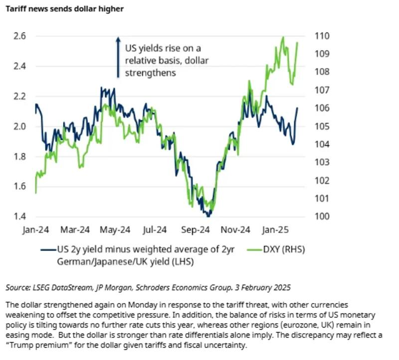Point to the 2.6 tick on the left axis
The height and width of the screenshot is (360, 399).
tap(19, 36)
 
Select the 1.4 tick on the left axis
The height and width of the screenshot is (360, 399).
tap(19, 217)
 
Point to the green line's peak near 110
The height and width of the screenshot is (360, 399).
tap(283, 37)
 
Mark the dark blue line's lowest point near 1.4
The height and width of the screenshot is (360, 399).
tap(208, 216)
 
